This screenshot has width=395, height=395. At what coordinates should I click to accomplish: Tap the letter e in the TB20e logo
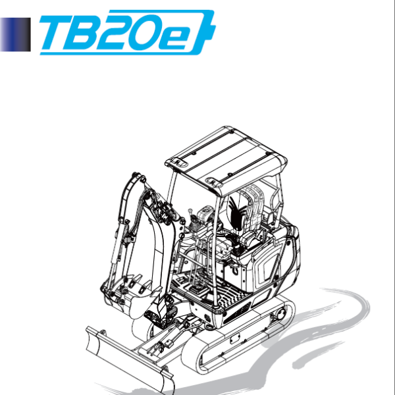tap(182, 36)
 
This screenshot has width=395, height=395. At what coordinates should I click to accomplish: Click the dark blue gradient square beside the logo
tap(15, 34)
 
